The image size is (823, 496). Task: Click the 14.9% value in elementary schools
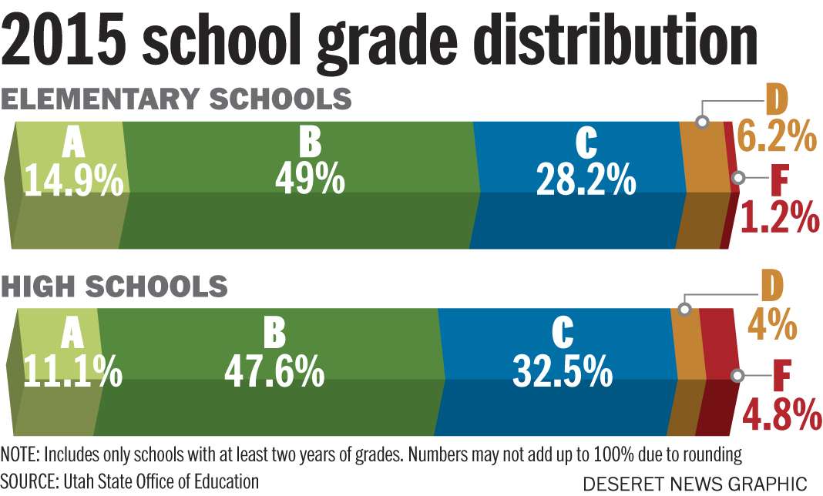(73, 181)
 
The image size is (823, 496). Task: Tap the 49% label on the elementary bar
(309, 179)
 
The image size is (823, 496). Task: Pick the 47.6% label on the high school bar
(274, 372)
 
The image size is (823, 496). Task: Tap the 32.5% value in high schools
(563, 372)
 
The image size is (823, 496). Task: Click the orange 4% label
(771, 325)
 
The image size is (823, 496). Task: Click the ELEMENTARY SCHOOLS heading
(176, 100)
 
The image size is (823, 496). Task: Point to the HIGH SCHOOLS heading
(114, 287)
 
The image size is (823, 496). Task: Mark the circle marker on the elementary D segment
(702, 122)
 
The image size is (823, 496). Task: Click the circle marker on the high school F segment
(737, 376)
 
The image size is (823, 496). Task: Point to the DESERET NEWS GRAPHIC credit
(695, 484)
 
